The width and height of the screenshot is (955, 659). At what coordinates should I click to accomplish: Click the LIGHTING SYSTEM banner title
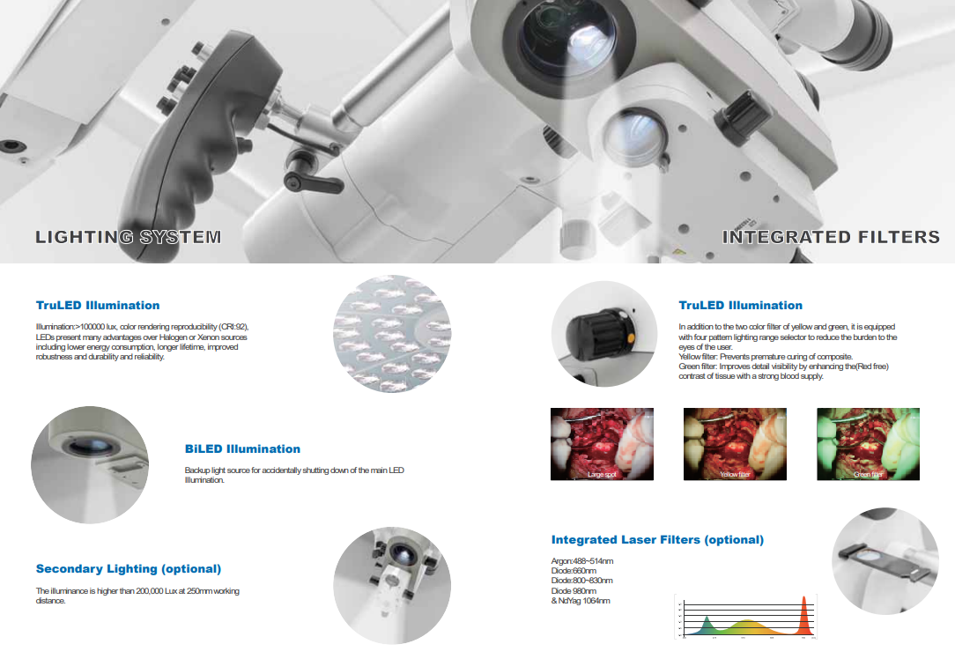click(128, 237)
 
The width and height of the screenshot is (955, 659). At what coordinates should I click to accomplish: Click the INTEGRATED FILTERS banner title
click(831, 237)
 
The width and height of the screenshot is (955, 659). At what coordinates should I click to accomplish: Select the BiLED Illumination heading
click(242, 449)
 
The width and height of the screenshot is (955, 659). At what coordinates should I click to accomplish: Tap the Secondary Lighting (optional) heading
click(129, 569)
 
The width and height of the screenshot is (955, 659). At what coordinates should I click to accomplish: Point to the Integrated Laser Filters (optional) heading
click(657, 539)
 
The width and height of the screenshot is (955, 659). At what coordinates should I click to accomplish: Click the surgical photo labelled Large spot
click(602, 444)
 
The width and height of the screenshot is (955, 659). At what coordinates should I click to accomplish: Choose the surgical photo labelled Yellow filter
click(735, 444)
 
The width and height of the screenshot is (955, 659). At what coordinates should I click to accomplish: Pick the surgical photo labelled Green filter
click(868, 444)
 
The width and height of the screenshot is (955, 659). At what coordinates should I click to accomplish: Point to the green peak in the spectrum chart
click(707, 626)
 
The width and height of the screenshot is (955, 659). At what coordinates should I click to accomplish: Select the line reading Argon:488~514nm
click(582, 561)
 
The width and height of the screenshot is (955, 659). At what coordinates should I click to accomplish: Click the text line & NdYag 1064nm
click(581, 601)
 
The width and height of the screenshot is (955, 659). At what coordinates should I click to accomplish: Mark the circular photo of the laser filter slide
click(885, 561)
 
